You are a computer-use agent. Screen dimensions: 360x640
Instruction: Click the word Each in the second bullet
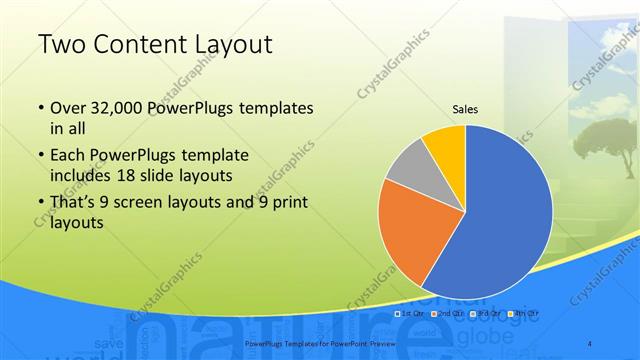(68, 156)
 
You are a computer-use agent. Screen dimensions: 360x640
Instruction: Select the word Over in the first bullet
(68, 107)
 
